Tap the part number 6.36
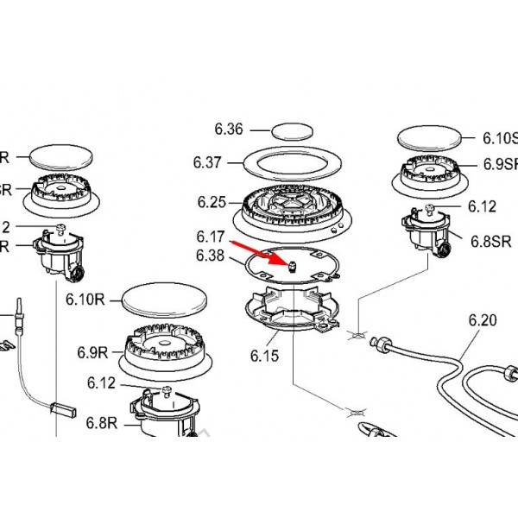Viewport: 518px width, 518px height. (229, 130)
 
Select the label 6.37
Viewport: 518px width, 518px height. (208, 161)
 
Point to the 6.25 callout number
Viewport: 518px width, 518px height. (211, 203)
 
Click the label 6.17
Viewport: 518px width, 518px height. (210, 236)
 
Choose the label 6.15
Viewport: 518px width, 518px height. (265, 354)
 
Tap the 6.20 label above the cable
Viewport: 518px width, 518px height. (483, 320)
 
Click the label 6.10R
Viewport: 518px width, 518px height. (85, 300)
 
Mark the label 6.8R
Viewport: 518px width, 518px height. (101, 422)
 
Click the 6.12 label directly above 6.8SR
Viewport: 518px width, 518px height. (483, 206)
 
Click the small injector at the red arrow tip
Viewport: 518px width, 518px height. (292, 262)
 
